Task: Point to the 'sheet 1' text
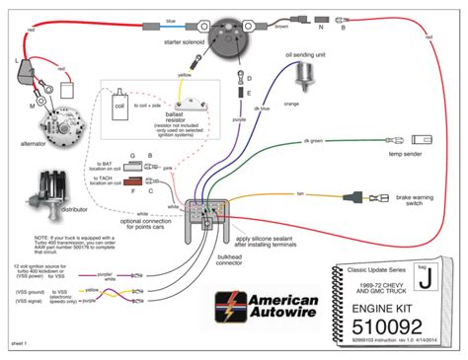point(17,347)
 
